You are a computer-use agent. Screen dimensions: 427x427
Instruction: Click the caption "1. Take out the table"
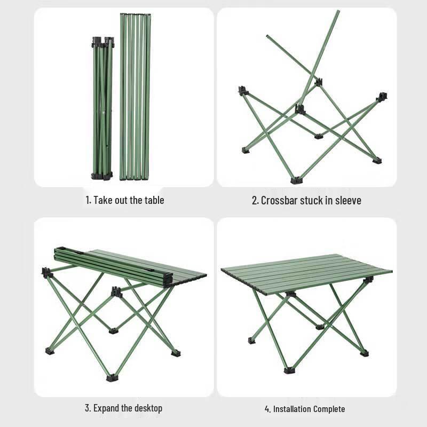click(x=124, y=201)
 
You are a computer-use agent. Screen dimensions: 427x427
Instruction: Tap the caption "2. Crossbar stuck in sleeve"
click(x=306, y=201)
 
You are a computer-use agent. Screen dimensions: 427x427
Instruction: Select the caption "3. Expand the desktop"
click(x=123, y=408)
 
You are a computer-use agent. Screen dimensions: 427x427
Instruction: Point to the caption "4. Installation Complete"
click(x=305, y=409)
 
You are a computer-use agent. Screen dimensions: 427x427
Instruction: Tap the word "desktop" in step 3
click(x=145, y=408)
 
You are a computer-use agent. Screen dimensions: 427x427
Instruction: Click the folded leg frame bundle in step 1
click(x=102, y=109)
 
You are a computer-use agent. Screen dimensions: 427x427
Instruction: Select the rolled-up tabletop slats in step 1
click(x=135, y=96)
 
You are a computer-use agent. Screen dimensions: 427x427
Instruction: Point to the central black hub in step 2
click(x=301, y=109)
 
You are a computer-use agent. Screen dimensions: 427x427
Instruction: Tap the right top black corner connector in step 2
click(x=382, y=97)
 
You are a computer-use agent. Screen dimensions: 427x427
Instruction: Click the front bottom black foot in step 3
click(x=112, y=378)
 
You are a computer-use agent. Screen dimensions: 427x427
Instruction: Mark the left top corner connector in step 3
click(x=47, y=272)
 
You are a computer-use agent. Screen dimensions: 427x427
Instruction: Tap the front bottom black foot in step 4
click(x=290, y=370)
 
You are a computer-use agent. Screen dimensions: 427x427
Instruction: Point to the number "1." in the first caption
click(x=88, y=201)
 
